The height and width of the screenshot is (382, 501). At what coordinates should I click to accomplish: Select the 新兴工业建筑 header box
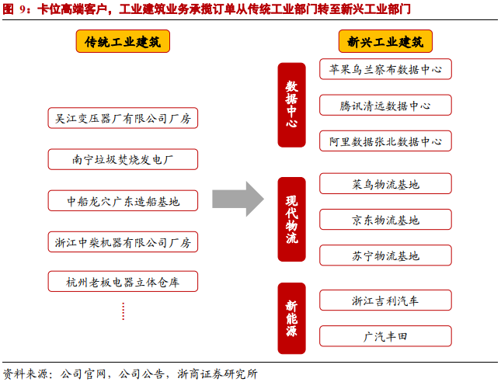click(x=385, y=42)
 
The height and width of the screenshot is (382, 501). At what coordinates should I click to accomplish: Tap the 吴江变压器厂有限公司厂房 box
click(x=123, y=119)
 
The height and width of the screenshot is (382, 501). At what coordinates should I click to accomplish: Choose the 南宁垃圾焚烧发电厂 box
click(x=123, y=160)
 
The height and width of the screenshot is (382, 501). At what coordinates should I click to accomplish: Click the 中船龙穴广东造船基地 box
click(x=123, y=201)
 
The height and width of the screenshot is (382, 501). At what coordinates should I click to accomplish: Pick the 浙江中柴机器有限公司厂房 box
click(x=123, y=241)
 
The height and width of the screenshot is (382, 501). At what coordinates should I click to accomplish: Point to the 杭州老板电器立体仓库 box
click(x=123, y=282)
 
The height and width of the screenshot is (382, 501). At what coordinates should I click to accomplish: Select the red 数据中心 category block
click(x=291, y=106)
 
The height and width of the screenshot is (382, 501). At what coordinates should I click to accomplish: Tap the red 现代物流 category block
click(x=291, y=221)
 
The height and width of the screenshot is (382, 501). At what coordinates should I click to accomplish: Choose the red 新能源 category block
click(x=291, y=318)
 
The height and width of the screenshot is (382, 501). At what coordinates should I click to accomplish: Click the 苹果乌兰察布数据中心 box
click(x=385, y=69)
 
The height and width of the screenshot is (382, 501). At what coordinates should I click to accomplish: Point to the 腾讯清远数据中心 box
click(x=385, y=106)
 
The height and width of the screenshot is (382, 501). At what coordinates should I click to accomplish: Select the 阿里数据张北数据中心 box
click(x=385, y=141)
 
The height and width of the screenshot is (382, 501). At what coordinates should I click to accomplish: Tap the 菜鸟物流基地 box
click(x=385, y=184)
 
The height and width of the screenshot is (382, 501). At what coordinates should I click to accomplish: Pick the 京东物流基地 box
click(x=385, y=220)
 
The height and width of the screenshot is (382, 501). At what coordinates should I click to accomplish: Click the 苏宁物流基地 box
click(x=385, y=255)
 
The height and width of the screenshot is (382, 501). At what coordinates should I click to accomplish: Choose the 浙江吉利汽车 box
click(x=385, y=300)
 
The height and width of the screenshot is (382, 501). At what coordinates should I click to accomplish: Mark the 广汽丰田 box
click(x=385, y=336)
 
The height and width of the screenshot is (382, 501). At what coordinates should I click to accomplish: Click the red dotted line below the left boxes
click(x=123, y=311)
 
